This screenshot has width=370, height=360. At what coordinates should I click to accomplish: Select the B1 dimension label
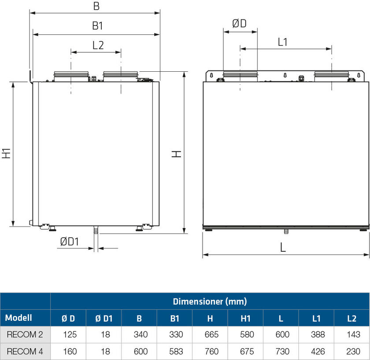[x=97, y=26]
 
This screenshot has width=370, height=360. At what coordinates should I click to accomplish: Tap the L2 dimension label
[x=98, y=45]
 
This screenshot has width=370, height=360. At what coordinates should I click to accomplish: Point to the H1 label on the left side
[x=6, y=153]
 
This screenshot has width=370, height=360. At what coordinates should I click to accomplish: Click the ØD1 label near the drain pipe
[x=69, y=242]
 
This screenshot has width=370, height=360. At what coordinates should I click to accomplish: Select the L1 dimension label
[x=282, y=42]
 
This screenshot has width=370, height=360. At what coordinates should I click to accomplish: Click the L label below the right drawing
[x=283, y=247]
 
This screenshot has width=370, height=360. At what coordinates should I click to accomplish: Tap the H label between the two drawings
[x=176, y=154]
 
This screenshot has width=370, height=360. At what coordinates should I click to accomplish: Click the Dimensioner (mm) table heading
[x=210, y=301]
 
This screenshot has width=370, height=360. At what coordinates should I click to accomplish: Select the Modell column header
[x=18, y=318]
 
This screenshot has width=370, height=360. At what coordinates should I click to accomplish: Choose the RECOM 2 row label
[x=25, y=334]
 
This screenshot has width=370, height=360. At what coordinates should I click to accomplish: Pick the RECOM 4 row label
[x=25, y=352]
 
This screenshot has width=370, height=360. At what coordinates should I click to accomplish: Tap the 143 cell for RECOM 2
[x=353, y=334]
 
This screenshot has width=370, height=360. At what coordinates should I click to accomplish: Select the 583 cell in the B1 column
[x=175, y=352]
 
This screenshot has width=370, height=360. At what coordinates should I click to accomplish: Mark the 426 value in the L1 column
[x=318, y=352]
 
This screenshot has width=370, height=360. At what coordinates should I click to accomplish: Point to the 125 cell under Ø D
[x=69, y=334]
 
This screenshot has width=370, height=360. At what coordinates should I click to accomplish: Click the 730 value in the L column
[x=282, y=352]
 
